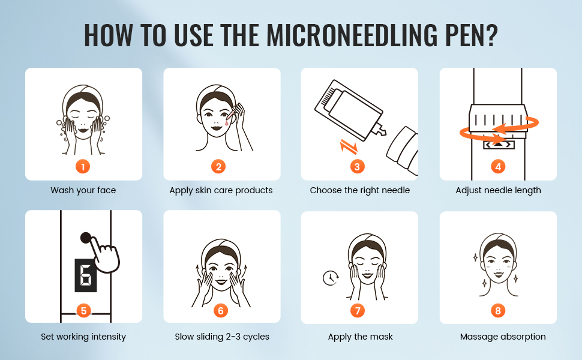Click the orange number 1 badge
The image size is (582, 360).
point(83,167)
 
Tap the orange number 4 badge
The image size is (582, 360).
point(498,167)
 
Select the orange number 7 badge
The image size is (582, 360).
point(358,311)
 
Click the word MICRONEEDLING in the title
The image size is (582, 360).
point(352,35)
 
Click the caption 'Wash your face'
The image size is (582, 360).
point(83,190)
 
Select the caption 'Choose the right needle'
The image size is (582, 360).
point(359,190)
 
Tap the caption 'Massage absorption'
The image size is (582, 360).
point(503,337)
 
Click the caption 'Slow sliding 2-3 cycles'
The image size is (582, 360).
point(222,337)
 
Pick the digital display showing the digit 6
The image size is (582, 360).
point(86,275)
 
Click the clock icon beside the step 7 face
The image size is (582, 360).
point(330,278)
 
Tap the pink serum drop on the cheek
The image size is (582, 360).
point(226,122)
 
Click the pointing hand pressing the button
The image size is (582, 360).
point(106,256)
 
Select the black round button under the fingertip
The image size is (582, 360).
point(86,238)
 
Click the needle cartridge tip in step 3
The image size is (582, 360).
point(380,130)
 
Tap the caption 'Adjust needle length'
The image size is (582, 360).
point(498,190)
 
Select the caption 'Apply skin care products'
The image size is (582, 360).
point(221,190)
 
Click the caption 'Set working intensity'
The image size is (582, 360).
point(83,337)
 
